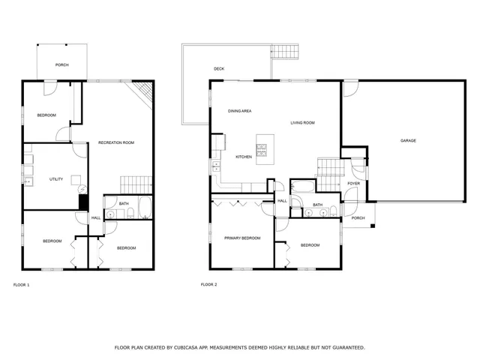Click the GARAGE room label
click(408, 140)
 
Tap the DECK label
click(219, 69)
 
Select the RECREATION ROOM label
click(116, 142)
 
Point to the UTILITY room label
click(56, 179)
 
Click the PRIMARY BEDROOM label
click(242, 238)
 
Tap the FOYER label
click(353, 183)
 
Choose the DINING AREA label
click(240, 111)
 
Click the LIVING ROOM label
click(303, 122)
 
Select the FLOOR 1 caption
click(22, 284)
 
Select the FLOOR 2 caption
click(209, 284)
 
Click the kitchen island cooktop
click(262, 151)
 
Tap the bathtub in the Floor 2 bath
click(301, 187)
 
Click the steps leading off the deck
click(286, 52)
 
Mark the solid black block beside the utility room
click(83, 202)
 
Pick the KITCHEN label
click(244, 157)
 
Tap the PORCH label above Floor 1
click(62, 65)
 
